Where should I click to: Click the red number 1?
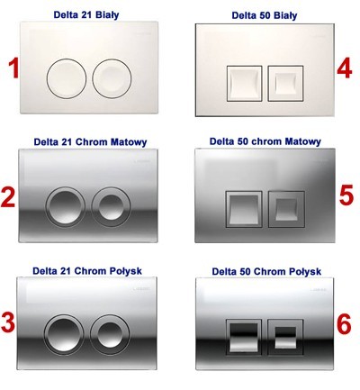click(13, 68)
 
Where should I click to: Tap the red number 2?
click(8, 197)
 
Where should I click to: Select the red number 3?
click(8, 322)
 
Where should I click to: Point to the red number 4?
click(345, 69)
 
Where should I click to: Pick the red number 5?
click(346, 195)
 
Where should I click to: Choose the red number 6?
click(344, 324)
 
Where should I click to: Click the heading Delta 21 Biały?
click(86, 14)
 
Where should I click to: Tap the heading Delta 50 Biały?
click(265, 15)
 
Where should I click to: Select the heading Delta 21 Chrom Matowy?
click(90, 141)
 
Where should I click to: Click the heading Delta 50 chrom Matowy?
click(265, 141)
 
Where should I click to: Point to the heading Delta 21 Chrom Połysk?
click(87, 271)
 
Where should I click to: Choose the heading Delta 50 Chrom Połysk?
click(266, 271)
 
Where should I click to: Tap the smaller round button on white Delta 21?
click(112, 78)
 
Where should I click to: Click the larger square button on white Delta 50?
click(244, 84)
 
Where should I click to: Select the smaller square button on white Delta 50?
click(285, 83)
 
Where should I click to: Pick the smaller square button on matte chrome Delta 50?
click(286, 209)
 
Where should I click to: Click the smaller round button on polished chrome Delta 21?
click(110, 334)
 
